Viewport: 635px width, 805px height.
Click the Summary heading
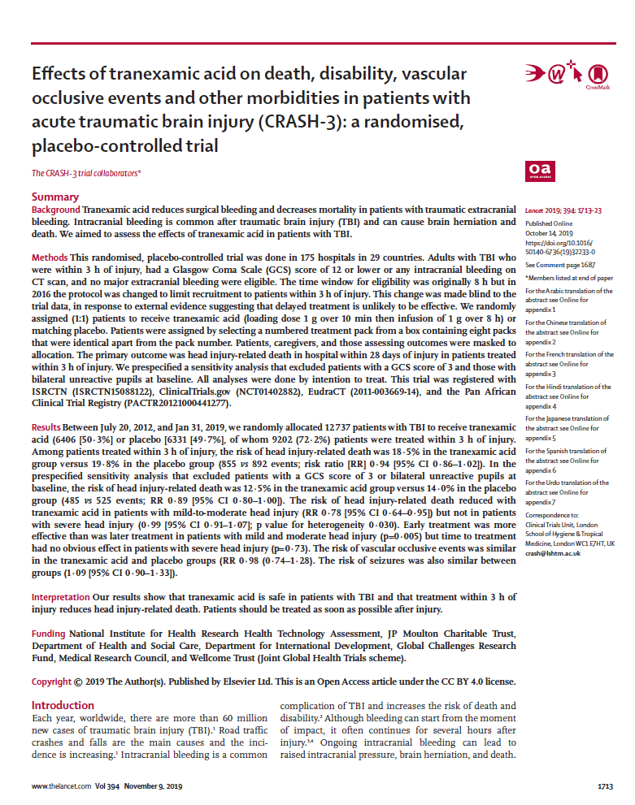click(55, 197)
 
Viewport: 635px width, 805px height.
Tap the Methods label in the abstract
click(50, 257)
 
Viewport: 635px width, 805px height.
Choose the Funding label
click(49, 633)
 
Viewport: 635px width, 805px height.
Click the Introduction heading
click(63, 705)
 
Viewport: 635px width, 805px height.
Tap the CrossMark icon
click(598, 76)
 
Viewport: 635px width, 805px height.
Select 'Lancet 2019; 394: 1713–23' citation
click(563, 210)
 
